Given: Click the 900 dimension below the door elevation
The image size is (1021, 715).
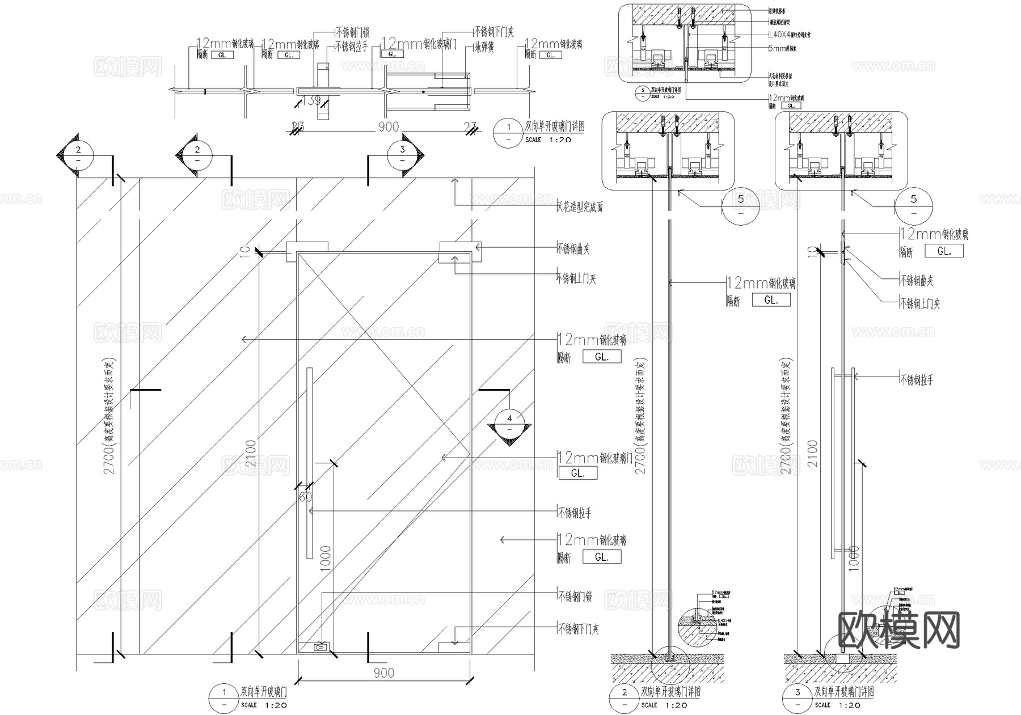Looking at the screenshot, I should [x=384, y=672].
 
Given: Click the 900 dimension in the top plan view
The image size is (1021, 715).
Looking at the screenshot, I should [x=389, y=127].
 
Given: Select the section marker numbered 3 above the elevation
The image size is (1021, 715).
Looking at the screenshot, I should [x=403, y=154].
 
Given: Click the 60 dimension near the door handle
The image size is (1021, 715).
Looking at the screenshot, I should [x=305, y=497].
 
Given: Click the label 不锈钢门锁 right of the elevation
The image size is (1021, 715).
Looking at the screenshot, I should [x=575, y=596].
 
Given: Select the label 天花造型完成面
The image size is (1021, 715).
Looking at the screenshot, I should [x=580, y=207].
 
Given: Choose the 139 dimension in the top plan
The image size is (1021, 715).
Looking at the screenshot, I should [x=311, y=101].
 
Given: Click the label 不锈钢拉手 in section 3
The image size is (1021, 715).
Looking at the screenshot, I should [x=917, y=379].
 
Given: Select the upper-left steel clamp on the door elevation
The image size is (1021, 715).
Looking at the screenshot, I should [x=307, y=251].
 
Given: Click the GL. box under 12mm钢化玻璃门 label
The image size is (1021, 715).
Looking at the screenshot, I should [x=577, y=473].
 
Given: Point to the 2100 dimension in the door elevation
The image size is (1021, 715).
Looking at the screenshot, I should [x=251, y=453].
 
